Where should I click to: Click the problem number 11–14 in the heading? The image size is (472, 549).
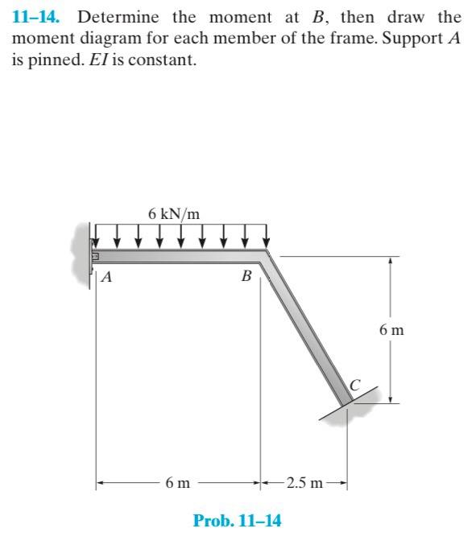tap(39, 18)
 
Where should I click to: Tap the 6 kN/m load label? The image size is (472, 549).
tap(173, 213)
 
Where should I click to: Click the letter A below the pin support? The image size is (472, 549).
tap(106, 278)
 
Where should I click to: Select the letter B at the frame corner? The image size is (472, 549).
tap(246, 277)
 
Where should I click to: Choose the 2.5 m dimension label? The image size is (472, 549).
tap(304, 484)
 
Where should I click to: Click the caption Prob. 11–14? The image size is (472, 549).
tap(237, 521)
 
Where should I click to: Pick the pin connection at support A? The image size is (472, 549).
tap(93, 257)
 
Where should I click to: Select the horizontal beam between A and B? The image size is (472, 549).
tap(177, 257)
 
